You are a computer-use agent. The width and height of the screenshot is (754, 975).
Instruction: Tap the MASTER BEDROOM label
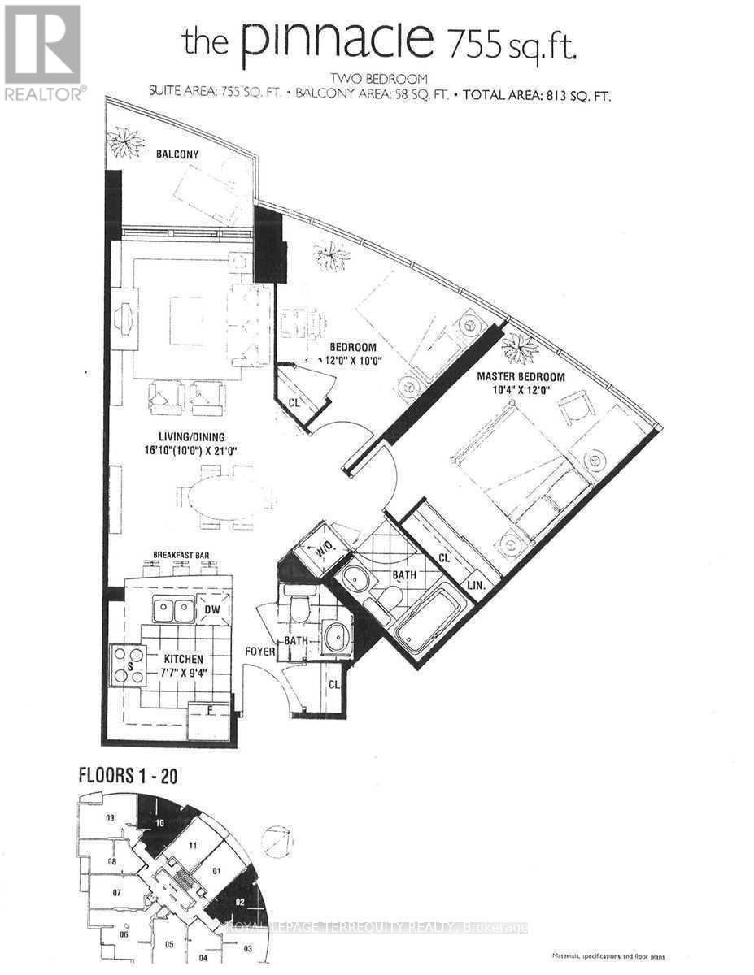coord(521,376)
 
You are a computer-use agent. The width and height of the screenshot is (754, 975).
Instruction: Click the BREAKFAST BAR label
coord(181,555)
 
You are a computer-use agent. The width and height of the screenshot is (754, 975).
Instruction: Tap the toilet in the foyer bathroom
coord(299,605)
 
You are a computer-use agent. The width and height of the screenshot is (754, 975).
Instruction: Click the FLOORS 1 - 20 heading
coord(128,775)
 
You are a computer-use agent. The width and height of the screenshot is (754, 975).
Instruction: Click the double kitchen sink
coord(175,609)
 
